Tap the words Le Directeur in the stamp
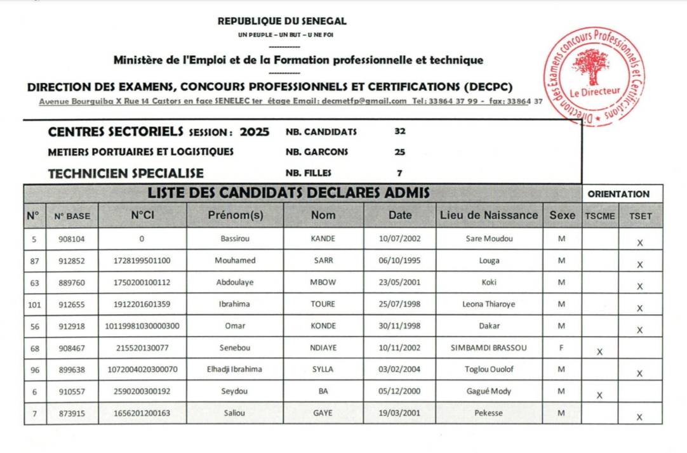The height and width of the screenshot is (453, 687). [594, 91]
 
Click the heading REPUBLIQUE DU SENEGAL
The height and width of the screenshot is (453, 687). [282, 21]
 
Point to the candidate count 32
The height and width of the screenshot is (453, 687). [400, 132]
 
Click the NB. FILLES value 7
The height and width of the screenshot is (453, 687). [399, 173]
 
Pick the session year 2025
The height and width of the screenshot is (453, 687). [255, 132]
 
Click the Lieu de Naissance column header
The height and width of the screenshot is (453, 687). [488, 215]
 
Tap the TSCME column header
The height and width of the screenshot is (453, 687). [599, 216]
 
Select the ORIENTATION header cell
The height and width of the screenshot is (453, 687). [618, 194]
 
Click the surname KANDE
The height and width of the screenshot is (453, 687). [323, 239]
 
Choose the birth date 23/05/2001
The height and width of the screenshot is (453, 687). [399, 282]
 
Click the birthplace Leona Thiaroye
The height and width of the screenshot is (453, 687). [488, 304]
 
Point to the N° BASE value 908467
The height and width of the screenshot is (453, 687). [72, 348]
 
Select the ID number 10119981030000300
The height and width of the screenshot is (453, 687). [142, 326]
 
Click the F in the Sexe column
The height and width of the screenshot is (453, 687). [561, 348]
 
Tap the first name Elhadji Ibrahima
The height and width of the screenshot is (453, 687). [234, 369]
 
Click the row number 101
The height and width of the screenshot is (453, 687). [34, 304]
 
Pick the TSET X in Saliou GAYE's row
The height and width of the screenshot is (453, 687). [639, 417]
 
